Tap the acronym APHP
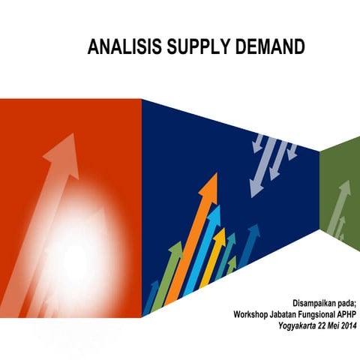tap(346, 315)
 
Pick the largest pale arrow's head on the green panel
tap(344, 188)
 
